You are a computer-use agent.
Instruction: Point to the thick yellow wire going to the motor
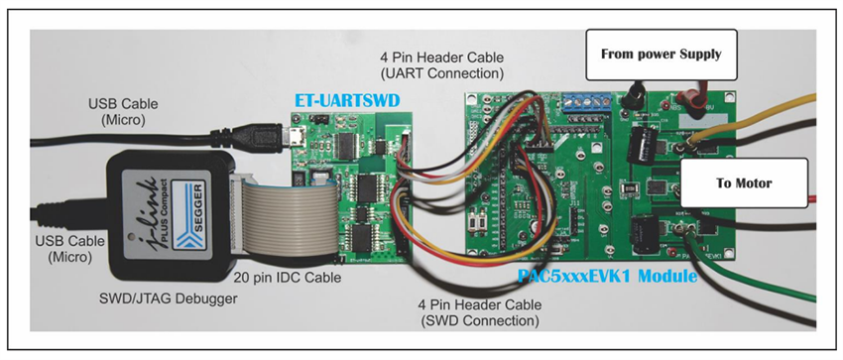pos(764,120)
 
